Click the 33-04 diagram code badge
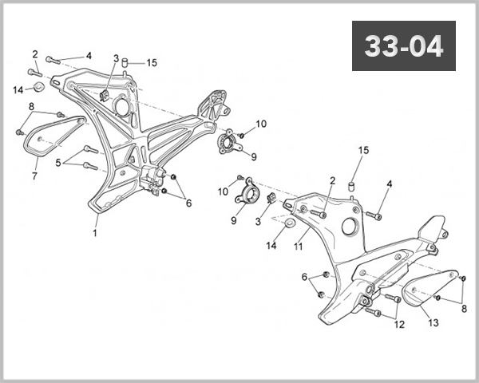(x=403, y=46)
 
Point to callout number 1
(x=95, y=234)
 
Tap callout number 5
(x=58, y=163)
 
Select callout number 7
(x=34, y=176)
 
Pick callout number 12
(x=400, y=325)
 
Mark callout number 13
(x=434, y=323)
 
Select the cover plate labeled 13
(x=432, y=287)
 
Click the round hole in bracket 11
(x=349, y=226)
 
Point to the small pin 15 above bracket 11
(x=350, y=187)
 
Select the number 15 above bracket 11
(x=364, y=151)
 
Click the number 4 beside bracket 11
(x=390, y=184)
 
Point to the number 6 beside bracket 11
(x=304, y=277)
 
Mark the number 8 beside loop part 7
(x=31, y=106)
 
